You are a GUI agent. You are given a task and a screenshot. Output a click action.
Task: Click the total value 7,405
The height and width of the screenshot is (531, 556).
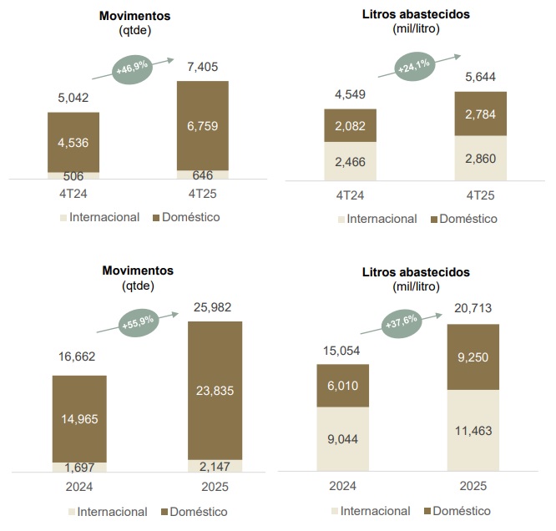pyautogui.click(x=203, y=67)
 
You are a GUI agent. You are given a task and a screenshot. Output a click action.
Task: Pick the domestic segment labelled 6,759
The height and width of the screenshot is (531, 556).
pyautogui.click(x=203, y=125)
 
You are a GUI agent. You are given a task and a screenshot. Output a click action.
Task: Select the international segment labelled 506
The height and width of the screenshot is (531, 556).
pyautogui.click(x=73, y=175)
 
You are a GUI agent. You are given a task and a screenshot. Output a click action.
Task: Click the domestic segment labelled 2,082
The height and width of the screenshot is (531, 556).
pyautogui.click(x=350, y=125)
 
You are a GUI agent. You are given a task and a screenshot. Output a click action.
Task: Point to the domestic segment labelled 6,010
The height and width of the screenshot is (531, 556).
pyautogui.click(x=343, y=386)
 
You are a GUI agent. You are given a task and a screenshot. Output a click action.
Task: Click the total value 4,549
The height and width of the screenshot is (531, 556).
pyautogui.click(x=350, y=95)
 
